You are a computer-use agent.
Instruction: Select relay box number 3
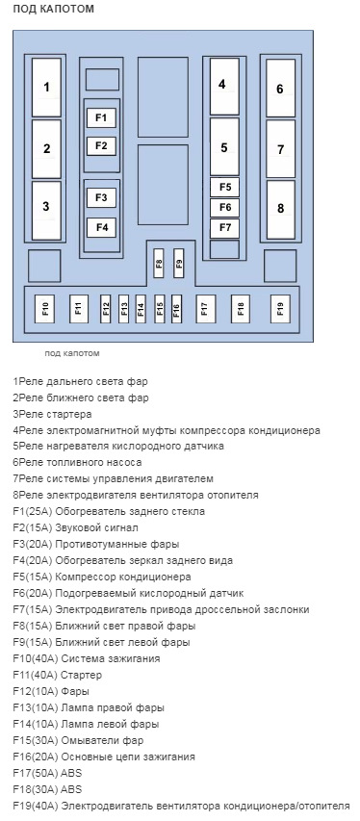[46, 206]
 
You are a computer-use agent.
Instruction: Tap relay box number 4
[223, 85]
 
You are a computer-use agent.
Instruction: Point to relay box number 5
[223, 147]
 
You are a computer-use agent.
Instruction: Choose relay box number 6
[280, 89]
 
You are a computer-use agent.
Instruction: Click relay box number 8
[280, 209]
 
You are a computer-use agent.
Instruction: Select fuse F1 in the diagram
[101, 117]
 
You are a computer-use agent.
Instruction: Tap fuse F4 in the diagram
[101, 227]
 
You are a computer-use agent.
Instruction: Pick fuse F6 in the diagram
[224, 207]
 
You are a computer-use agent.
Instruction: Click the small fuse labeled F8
[160, 262]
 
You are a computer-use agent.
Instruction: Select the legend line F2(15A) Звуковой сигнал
[76, 527]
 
